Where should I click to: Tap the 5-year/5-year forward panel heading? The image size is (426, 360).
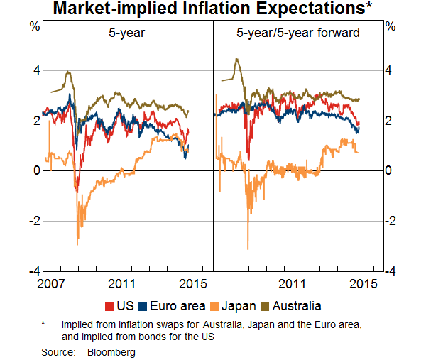(298, 33)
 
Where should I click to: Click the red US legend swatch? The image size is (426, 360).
(109, 307)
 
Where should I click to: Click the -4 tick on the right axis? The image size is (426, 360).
(390, 271)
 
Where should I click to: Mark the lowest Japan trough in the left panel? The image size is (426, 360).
(77, 245)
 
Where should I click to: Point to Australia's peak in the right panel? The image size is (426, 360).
(236, 59)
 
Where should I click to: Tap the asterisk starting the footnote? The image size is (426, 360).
(43, 323)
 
